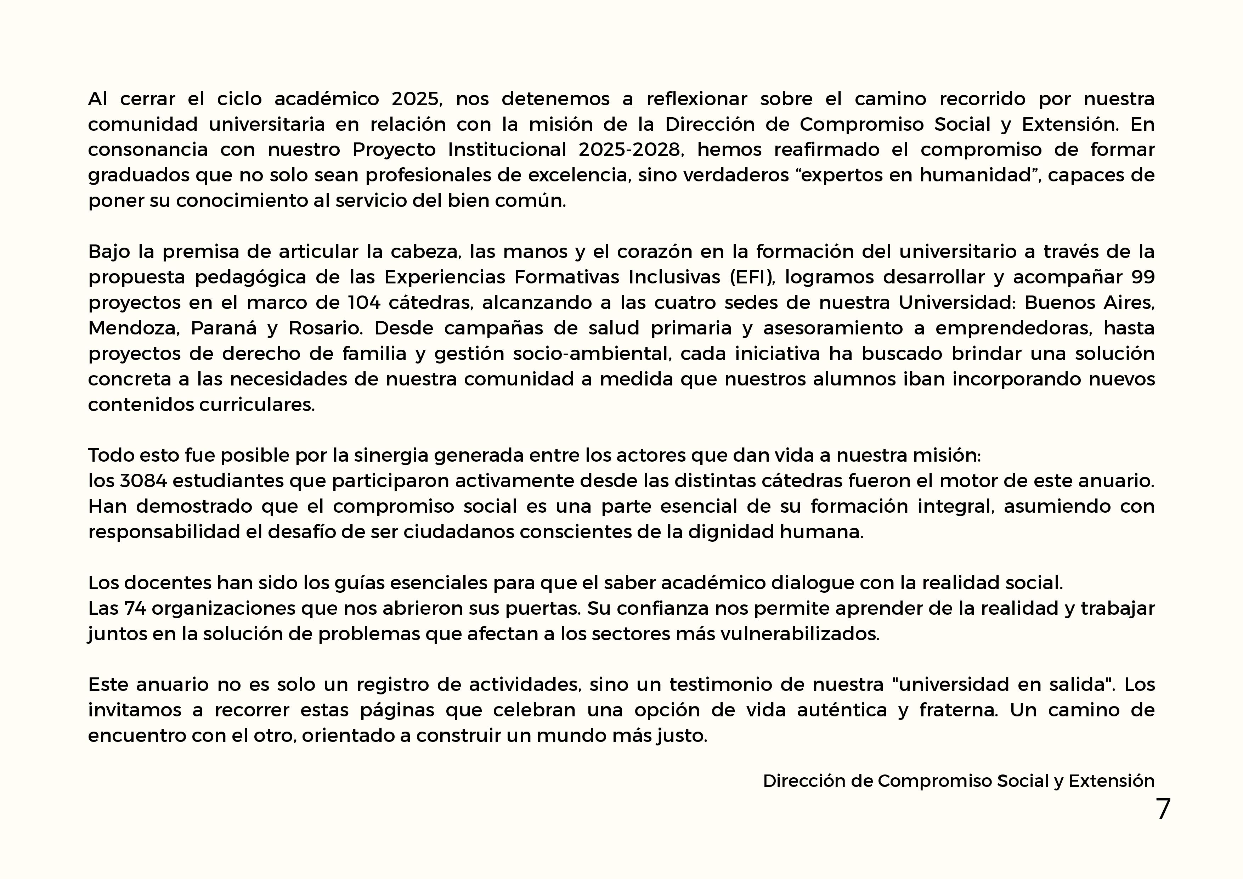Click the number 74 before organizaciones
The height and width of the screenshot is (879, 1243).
click(135, 608)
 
